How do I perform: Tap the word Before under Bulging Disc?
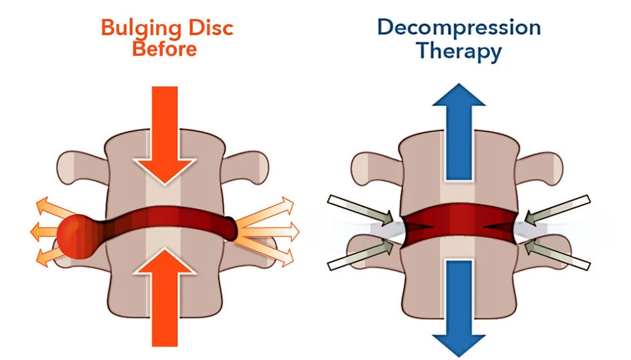[164, 48]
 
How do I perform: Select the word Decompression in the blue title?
[459, 28]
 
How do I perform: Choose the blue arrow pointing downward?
[459, 306]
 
